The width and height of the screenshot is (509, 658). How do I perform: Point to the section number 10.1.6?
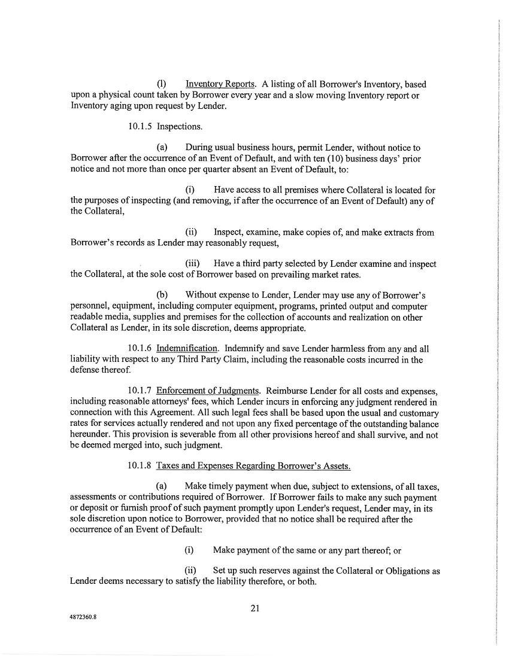tap(140, 349)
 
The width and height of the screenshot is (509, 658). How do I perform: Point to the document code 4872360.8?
tap(82, 620)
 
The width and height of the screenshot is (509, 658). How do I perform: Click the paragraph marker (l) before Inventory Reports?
tap(161, 84)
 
